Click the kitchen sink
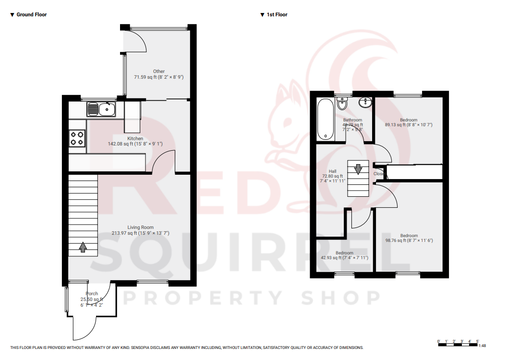click(101, 110)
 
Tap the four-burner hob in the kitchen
click(78, 138)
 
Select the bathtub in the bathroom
click(325, 119)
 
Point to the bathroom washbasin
click(366, 103)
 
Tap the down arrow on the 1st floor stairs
click(358, 169)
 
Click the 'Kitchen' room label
click(135, 139)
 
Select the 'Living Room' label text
click(140, 228)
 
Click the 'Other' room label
click(159, 72)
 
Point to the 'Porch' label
click(92, 294)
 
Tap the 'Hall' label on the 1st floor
click(332, 171)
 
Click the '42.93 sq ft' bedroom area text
click(331, 258)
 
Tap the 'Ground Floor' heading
click(32, 15)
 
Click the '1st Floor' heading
click(277, 15)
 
